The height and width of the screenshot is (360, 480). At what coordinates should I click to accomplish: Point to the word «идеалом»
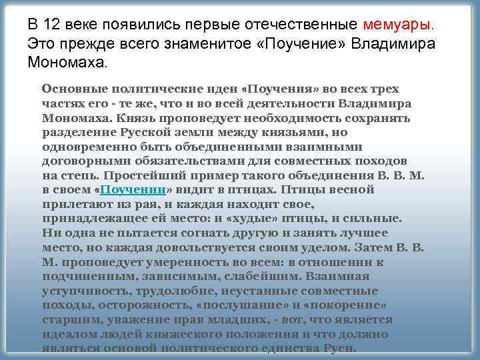pyautogui.click(x=68, y=334)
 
